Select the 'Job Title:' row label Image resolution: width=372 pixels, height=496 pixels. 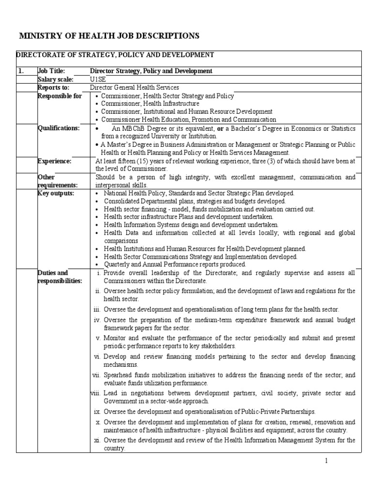[x=51, y=71]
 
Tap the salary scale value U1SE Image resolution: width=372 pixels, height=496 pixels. [x=97, y=79]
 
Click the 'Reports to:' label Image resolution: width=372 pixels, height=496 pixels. [x=53, y=88]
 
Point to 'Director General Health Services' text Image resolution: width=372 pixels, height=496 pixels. [x=135, y=88]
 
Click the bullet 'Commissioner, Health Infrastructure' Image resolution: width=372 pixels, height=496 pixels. [x=150, y=104]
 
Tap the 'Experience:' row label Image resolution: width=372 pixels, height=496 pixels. [x=54, y=160]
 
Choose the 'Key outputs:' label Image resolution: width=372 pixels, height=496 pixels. [x=56, y=193]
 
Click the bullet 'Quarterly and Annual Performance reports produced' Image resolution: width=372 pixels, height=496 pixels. [x=175, y=264]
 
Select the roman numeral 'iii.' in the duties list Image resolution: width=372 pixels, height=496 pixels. [x=97, y=310]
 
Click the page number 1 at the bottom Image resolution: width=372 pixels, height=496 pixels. [x=326, y=461]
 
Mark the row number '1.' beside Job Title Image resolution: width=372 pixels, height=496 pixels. [x=21, y=71]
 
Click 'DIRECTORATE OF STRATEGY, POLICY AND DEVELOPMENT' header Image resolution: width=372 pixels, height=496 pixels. [x=115, y=55]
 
